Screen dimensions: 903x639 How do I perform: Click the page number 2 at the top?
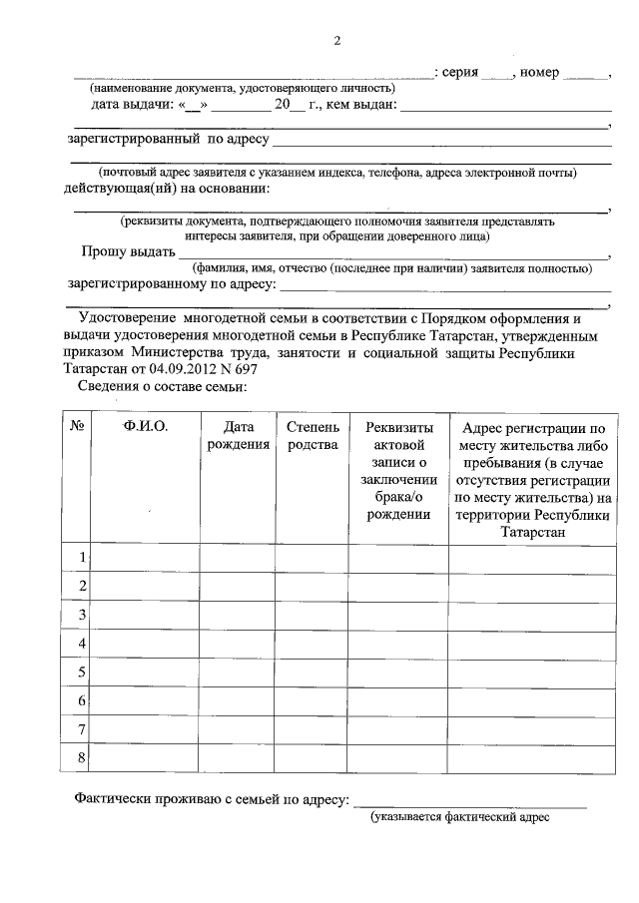pos(336,41)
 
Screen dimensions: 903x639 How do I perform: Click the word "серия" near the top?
pos(459,73)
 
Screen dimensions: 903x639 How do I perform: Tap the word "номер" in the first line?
pos(540,73)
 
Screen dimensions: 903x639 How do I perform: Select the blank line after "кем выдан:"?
pos(506,106)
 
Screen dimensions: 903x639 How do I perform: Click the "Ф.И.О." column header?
pos(146,427)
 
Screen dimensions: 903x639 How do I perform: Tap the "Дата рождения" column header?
pos(238,436)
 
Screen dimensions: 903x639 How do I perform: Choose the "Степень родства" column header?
pos(313,436)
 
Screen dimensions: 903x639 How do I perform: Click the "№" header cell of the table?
pos(77,427)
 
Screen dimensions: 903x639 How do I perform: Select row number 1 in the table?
pos(80,557)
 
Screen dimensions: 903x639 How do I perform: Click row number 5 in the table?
pos(80,672)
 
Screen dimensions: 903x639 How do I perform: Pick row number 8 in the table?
pos(80,758)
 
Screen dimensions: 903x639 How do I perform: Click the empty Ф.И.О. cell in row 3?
pos(146,614)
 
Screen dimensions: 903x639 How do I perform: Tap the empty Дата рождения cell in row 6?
pos(238,700)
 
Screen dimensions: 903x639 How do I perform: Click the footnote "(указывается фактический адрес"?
pos(460,817)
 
